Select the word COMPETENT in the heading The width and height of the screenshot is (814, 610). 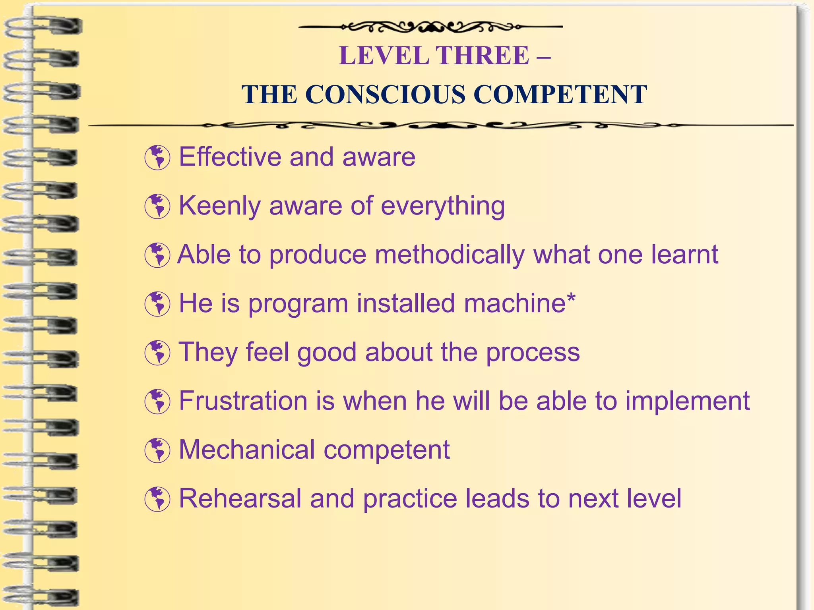pos(560,95)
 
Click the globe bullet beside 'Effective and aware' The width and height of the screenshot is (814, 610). pos(157,158)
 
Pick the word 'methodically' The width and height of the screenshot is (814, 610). pos(450,255)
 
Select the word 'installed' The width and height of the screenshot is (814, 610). pos(406,303)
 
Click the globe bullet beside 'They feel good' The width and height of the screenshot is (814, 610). pos(157,353)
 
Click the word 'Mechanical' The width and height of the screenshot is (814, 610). pos(247,450)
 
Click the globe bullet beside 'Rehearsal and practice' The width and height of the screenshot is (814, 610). pos(157,499)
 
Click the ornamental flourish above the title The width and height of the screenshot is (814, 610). pos(430,27)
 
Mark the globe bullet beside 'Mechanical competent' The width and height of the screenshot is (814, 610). pos(157,450)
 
